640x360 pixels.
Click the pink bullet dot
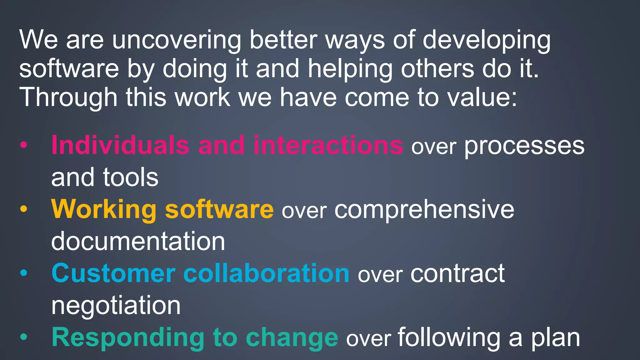[x=24, y=145]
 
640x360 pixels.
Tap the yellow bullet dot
[x=24, y=209]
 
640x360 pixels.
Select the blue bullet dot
[x=24, y=273]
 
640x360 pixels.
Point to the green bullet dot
[x=24, y=337]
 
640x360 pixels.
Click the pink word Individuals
[x=120, y=145]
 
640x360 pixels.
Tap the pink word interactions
[x=328, y=145]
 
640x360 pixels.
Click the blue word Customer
[x=113, y=273]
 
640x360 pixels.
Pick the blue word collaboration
[x=266, y=273]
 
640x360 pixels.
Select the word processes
[x=524, y=146]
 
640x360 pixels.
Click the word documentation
[x=138, y=241]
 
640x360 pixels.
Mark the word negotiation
[x=116, y=306]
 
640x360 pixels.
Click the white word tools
[x=131, y=177]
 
